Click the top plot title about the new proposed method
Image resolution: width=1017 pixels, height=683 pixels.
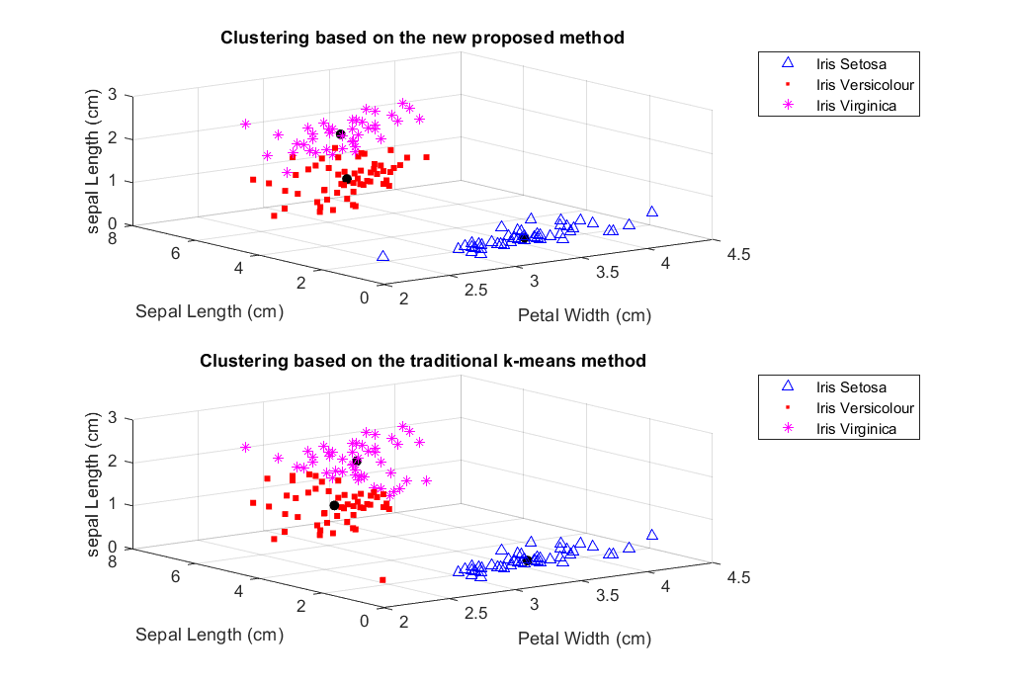pyautogui.click(x=422, y=39)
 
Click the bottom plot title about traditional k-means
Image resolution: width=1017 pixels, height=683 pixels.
pyautogui.click(x=422, y=361)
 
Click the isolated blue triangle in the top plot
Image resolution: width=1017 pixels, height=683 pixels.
pyautogui.click(x=382, y=256)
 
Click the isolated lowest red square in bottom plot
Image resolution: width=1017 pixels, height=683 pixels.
pyautogui.click(x=382, y=579)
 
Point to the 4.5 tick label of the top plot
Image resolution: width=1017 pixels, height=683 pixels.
pyautogui.click(x=738, y=254)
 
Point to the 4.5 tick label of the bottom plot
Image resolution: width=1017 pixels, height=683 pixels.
pyautogui.click(x=738, y=577)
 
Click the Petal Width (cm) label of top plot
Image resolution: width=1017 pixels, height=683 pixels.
pyautogui.click(x=584, y=315)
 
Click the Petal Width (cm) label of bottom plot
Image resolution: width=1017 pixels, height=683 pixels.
pyautogui.click(x=584, y=638)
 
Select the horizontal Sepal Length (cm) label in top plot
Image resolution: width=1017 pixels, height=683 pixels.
pyautogui.click(x=210, y=311)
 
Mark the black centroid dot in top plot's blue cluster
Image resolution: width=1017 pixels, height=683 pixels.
pyautogui.click(x=524, y=237)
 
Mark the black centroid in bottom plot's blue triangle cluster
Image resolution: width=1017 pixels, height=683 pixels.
pyautogui.click(x=527, y=561)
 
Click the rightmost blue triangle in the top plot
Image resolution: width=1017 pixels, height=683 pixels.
pyautogui.click(x=652, y=212)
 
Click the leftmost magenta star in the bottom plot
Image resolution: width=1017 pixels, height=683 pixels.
pyautogui.click(x=245, y=448)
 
